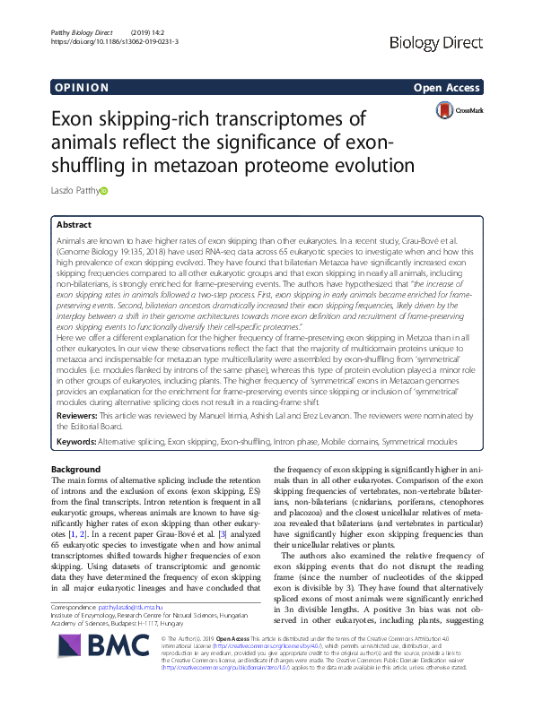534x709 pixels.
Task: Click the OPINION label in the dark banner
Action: click(x=81, y=87)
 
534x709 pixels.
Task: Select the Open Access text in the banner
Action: click(x=448, y=87)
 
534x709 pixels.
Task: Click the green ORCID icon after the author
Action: click(x=103, y=191)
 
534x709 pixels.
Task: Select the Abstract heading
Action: click(x=74, y=226)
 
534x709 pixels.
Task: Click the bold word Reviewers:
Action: click(x=80, y=417)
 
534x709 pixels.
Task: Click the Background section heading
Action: click(x=76, y=470)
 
